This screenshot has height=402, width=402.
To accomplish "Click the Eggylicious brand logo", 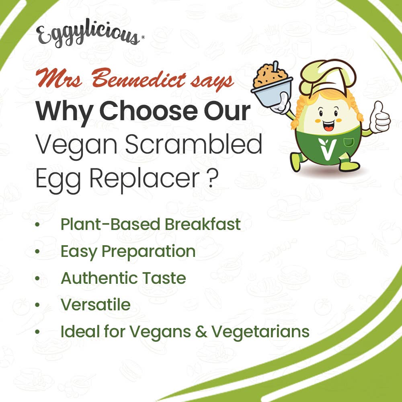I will pyautogui.click(x=88, y=35).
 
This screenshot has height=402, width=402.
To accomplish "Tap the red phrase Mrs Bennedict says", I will pyautogui.click(x=134, y=79).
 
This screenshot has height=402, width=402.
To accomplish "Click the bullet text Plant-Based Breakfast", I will pyautogui.click(x=150, y=224).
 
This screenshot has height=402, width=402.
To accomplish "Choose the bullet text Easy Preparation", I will pyautogui.click(x=128, y=252).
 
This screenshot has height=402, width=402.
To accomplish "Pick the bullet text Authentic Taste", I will pyautogui.click(x=123, y=278).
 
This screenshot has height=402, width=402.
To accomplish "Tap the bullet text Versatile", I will pyautogui.click(x=95, y=305).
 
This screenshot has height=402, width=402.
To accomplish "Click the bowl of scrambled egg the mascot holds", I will pyautogui.click(x=272, y=86).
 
